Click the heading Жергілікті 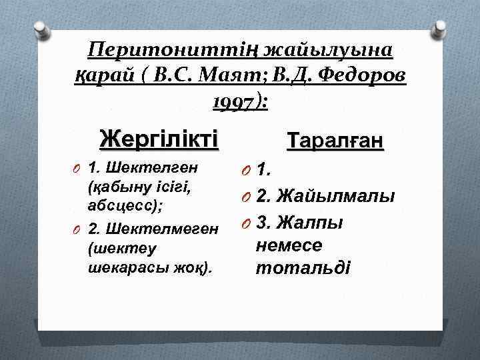(159, 140)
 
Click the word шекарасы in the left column (117, 267)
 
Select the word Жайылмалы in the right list (335, 196)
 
